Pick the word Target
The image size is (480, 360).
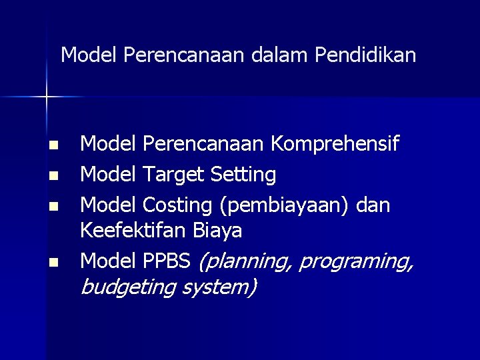click(173, 175)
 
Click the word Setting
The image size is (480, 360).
click(243, 175)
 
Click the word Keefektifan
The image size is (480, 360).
click(133, 231)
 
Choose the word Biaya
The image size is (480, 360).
click(217, 231)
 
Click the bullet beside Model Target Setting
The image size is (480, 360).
click(54, 177)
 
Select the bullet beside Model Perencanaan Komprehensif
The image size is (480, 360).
click(54, 145)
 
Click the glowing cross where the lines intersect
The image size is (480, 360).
click(47, 97)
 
